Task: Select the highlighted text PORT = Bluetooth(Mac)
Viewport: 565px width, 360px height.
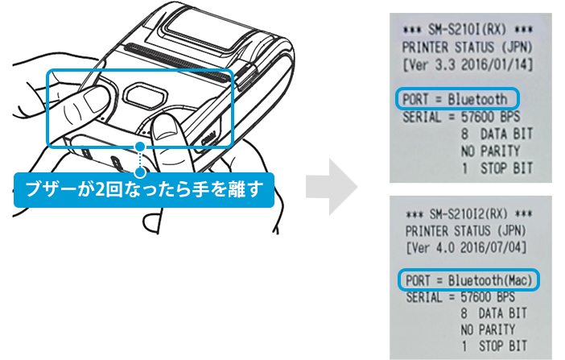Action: (468, 280)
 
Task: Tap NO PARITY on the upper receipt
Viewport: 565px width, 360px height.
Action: (490, 151)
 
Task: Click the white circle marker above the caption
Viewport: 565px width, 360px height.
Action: (141, 171)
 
